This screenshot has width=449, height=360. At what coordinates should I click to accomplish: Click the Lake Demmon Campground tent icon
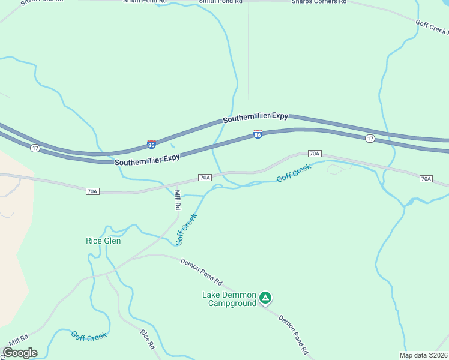265,297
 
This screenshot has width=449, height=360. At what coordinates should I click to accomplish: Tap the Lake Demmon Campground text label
229,299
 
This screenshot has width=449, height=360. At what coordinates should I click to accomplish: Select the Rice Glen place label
103,241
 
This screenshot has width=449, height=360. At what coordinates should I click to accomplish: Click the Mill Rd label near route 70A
178,199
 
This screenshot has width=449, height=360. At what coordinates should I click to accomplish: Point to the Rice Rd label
148,339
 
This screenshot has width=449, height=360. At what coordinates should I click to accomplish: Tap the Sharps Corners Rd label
319,2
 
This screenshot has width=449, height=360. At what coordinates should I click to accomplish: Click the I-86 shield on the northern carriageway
151,145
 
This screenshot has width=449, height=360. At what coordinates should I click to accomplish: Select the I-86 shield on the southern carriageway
258,134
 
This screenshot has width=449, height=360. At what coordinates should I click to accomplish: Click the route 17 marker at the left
35,148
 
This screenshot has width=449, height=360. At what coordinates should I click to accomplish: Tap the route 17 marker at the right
370,139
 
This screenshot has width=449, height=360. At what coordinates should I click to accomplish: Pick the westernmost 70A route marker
92,191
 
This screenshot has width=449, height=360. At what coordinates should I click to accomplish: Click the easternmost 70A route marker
426,179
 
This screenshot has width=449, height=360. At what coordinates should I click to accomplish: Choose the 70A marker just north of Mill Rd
205,178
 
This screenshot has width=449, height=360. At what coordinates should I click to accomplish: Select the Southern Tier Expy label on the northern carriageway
256,118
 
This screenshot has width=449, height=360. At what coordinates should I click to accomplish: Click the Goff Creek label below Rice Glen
89,337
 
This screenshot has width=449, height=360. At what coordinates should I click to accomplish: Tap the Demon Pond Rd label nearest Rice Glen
202,272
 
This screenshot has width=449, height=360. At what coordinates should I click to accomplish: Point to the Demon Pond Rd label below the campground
294,334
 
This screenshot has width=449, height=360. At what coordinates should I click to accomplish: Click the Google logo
20,353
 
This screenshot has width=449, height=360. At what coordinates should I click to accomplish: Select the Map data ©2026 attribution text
423,355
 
